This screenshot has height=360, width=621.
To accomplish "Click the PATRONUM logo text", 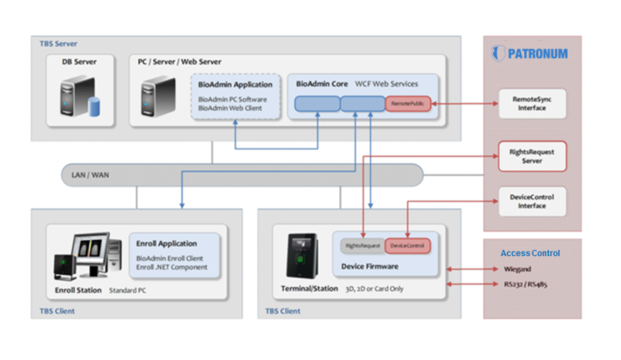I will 539,52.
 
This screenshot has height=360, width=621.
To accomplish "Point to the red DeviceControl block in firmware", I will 407,246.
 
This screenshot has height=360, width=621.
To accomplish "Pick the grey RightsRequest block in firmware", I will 362,246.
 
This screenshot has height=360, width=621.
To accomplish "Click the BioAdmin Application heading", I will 234,84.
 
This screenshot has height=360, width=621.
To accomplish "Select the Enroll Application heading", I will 166,243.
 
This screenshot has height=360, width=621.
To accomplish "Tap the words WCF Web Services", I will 392,84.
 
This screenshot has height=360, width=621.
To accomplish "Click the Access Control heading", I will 530,253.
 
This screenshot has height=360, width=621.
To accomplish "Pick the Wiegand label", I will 518,270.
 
